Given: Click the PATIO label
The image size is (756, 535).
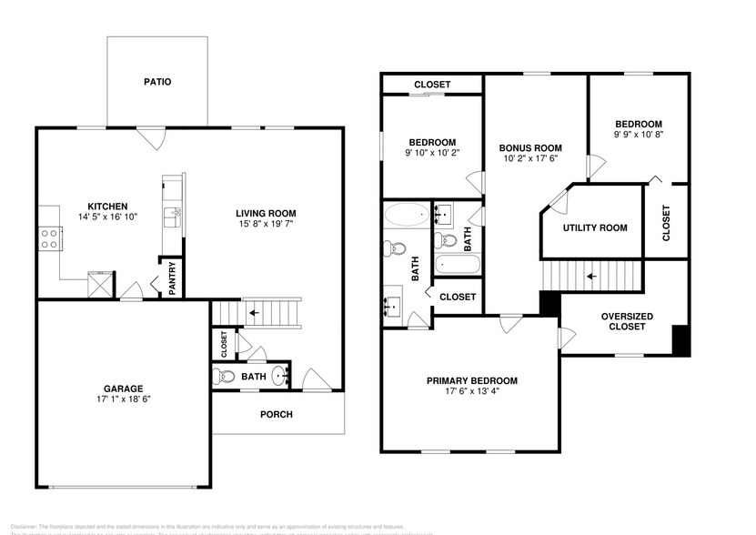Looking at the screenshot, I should coord(157,82).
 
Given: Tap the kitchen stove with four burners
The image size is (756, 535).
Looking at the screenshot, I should coord(51,239).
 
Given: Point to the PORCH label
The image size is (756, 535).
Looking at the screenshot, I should coord(277,414).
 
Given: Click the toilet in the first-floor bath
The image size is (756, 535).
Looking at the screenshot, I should coord(220,377).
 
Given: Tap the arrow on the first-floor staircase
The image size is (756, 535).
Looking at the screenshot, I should coord(255,313).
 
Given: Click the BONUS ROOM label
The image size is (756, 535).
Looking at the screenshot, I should coord(530,147).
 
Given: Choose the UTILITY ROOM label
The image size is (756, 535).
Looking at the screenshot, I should coord(595,227).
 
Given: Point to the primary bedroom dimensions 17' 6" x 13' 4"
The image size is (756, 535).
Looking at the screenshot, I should coord(472,393).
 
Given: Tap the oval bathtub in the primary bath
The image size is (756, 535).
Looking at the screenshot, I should coord(404,217).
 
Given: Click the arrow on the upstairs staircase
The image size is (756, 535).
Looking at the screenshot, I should coord(591,274).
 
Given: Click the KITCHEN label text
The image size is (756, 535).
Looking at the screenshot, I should coord(106,206).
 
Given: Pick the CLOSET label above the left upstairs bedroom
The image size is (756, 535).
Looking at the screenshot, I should coord(431,85).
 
